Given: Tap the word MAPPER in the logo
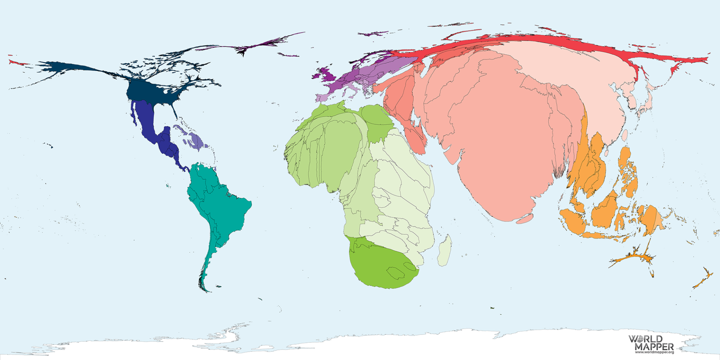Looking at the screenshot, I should (654, 346).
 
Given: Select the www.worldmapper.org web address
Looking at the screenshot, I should (654, 352).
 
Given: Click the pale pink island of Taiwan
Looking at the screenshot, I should (624, 135).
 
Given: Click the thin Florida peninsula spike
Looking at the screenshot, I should (174, 111).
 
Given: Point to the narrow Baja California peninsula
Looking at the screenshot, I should (133, 114).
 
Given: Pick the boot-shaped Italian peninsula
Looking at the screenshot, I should (352, 92).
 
